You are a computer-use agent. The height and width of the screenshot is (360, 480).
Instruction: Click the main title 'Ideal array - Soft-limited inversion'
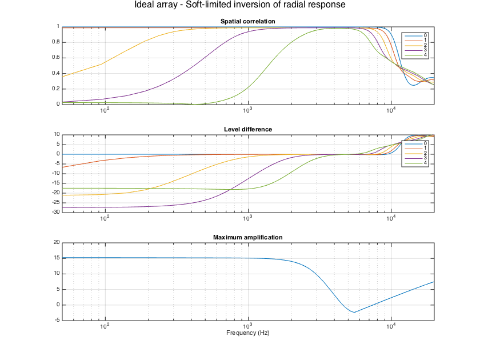[239, 5]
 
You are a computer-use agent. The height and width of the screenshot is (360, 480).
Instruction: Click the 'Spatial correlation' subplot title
[248, 22]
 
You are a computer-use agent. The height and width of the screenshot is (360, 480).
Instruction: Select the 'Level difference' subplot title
[248, 129]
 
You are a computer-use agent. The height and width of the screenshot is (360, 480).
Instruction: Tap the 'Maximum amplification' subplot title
[248, 237]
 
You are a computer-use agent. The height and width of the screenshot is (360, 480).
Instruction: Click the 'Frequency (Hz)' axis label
[248, 333]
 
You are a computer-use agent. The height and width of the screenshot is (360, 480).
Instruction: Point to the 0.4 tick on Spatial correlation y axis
[56, 73]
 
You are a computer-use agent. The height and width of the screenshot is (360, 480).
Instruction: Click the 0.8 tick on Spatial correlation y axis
[56, 42]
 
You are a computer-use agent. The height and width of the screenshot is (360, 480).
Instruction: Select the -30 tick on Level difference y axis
[55, 212]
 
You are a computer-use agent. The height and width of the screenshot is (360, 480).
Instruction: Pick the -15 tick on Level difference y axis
[55, 183]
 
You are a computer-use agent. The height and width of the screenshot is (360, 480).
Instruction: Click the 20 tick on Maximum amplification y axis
[56, 242]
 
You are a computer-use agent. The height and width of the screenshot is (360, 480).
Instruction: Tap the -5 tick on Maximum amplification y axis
[56, 320]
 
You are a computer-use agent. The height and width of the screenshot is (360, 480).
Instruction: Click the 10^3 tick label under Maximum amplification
[248, 327]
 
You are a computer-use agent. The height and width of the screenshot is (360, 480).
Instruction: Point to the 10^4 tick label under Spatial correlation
[391, 111]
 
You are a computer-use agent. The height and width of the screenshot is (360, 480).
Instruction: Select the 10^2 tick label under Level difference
[105, 219]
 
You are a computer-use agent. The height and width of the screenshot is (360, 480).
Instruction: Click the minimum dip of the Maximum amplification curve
[354, 313]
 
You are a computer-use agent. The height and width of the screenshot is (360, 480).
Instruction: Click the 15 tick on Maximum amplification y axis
[56, 258]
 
